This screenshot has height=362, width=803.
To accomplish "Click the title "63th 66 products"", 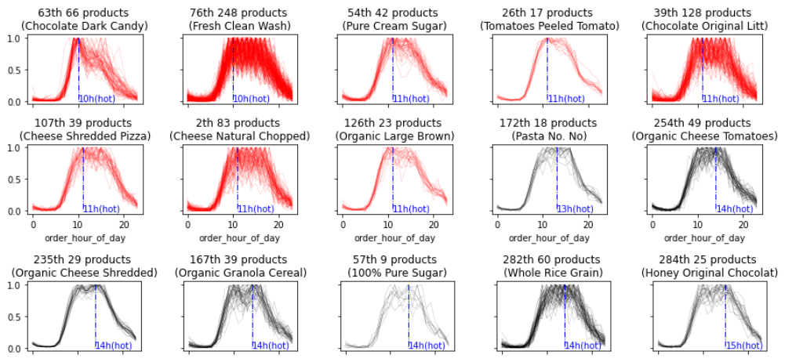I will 84,13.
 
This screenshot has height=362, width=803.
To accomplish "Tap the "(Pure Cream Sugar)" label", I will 393,26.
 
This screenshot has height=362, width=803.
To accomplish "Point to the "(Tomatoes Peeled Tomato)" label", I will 549,26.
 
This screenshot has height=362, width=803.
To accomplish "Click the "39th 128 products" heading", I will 703,13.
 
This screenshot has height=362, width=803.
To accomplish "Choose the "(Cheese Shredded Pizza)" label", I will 84,136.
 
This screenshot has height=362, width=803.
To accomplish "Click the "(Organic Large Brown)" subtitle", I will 393,136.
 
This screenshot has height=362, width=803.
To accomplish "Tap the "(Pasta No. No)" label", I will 549,136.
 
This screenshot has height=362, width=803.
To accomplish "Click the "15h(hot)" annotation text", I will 743,345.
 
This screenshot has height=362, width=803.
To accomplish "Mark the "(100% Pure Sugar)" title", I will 393,273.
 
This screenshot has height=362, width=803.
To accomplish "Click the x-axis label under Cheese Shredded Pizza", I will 84,237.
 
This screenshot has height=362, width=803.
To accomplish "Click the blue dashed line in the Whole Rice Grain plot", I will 565,313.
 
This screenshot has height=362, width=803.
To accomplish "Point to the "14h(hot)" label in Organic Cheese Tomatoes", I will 733,208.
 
